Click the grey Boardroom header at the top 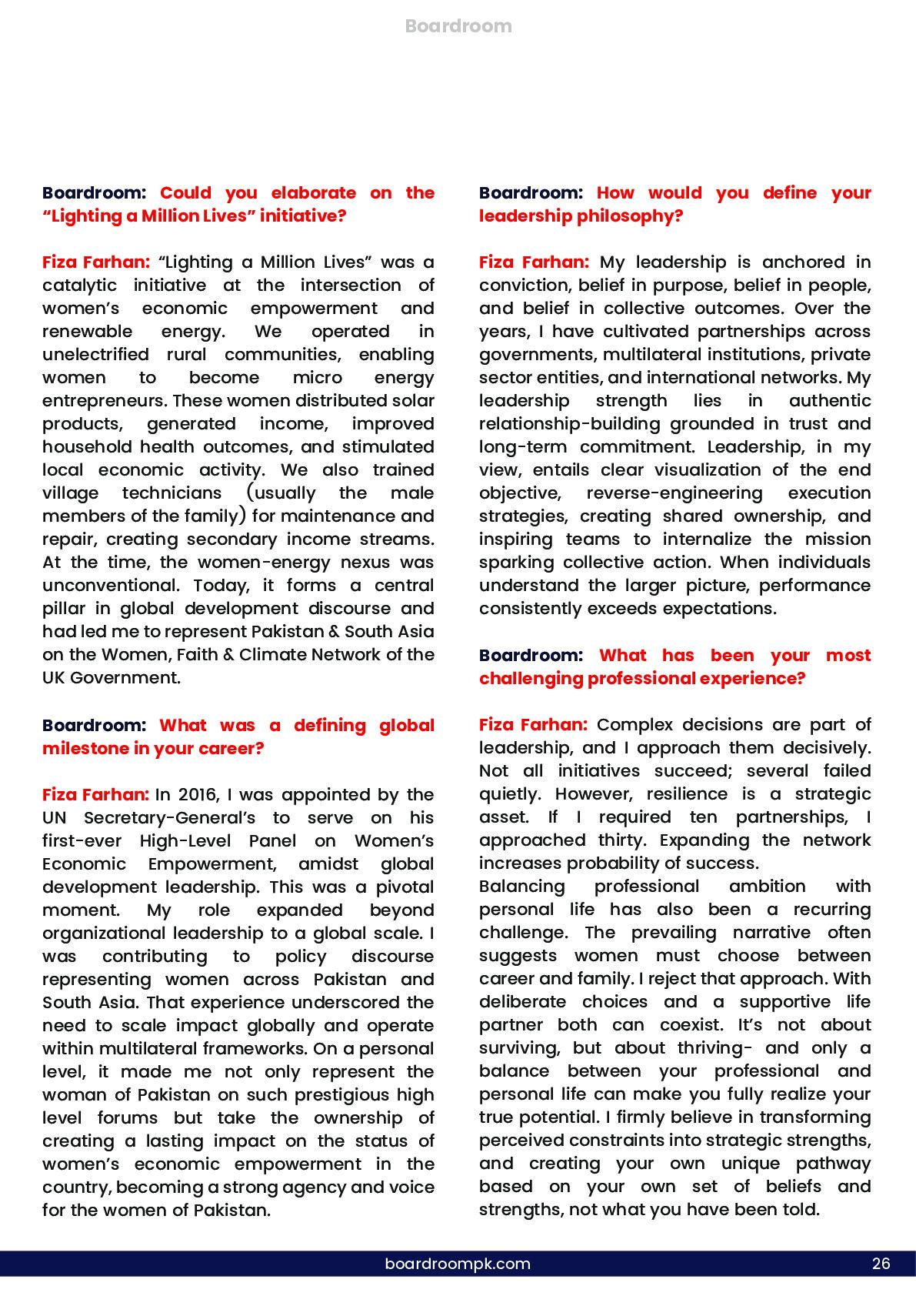pyautogui.click(x=458, y=26)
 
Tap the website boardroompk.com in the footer pyautogui.click(x=458, y=1264)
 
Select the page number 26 pyautogui.click(x=881, y=1264)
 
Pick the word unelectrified pyautogui.click(x=95, y=355)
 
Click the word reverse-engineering pyautogui.click(x=675, y=493)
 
